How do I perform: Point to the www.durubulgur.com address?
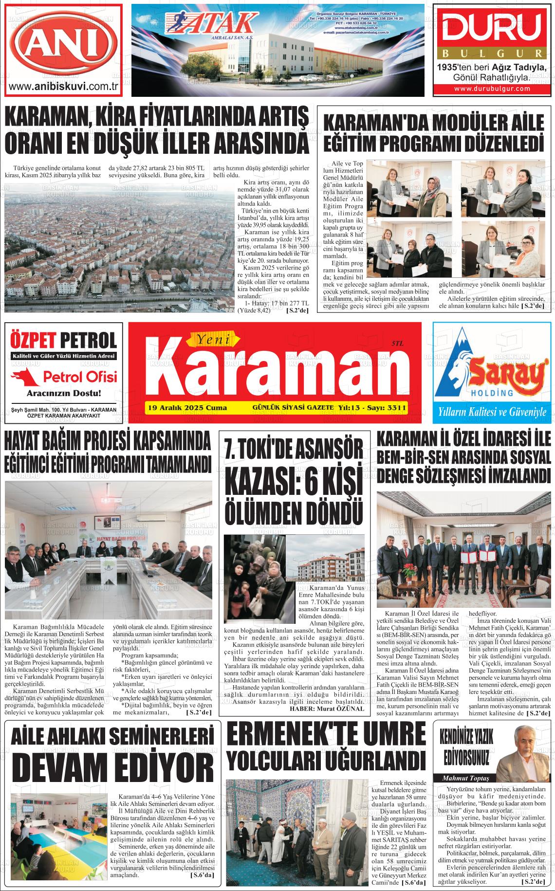tap(492, 89)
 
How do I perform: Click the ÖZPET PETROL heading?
tap(63, 340)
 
